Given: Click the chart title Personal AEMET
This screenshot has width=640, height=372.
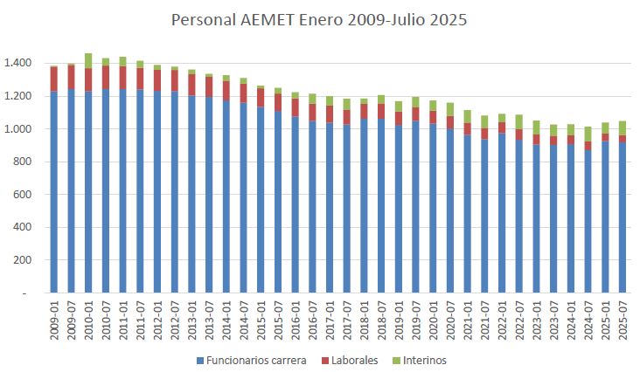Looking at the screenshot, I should [319, 20].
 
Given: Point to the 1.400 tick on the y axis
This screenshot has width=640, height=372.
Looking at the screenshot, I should [18, 64].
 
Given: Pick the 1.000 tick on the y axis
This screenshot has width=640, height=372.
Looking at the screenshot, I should [18, 129].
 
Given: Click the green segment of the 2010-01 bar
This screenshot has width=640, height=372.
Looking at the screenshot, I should [88, 60].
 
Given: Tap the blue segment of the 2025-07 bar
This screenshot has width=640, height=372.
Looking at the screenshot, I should [623, 218].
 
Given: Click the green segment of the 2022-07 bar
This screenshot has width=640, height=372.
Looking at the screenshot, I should [519, 121].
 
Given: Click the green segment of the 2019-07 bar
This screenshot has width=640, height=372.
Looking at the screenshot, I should [415, 102].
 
